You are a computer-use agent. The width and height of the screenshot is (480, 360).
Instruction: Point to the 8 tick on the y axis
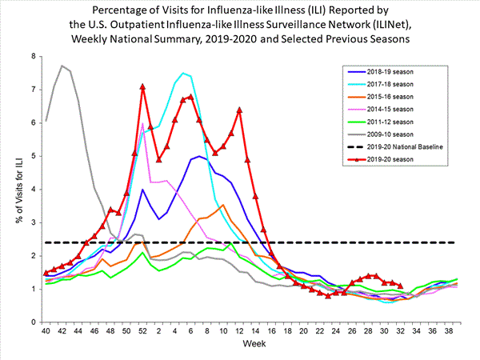(x=33, y=56)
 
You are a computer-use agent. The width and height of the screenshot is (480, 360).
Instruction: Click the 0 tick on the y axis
(x=33, y=322)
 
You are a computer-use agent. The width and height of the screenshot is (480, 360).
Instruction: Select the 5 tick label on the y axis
(x=33, y=156)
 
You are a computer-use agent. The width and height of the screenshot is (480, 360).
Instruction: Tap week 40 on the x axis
(x=46, y=330)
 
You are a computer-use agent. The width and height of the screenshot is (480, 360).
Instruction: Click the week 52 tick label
(x=142, y=330)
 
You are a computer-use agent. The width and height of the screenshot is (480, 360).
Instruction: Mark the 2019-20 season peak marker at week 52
(x=142, y=86)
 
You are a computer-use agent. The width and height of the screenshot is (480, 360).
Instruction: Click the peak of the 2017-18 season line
(x=183, y=73)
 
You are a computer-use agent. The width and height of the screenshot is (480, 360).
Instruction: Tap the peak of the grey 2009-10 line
(x=62, y=66)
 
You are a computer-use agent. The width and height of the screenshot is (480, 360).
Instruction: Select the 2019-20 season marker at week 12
(x=239, y=110)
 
